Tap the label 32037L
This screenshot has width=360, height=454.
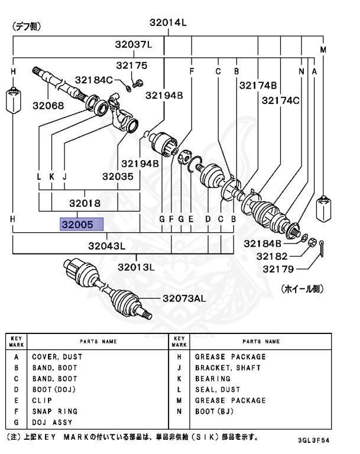[x=134, y=45]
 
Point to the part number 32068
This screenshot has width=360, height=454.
[x=48, y=106]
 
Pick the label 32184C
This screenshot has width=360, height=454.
[x=92, y=80]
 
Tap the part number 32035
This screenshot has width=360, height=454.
[x=118, y=176]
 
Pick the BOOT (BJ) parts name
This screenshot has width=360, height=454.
[x=215, y=411]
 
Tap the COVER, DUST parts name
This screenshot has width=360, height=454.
[x=57, y=357]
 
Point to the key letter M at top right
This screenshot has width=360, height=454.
[x=323, y=50]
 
